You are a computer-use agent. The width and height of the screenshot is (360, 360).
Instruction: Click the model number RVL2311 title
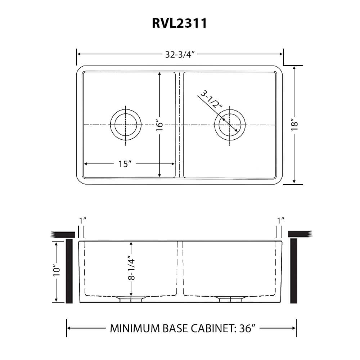180,23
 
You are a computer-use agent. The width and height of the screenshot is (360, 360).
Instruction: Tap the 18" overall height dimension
294,125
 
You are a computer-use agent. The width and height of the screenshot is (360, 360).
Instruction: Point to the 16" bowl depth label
159,125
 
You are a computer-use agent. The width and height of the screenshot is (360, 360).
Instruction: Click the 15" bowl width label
125,164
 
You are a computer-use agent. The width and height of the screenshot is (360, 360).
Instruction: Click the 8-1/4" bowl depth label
131,268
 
